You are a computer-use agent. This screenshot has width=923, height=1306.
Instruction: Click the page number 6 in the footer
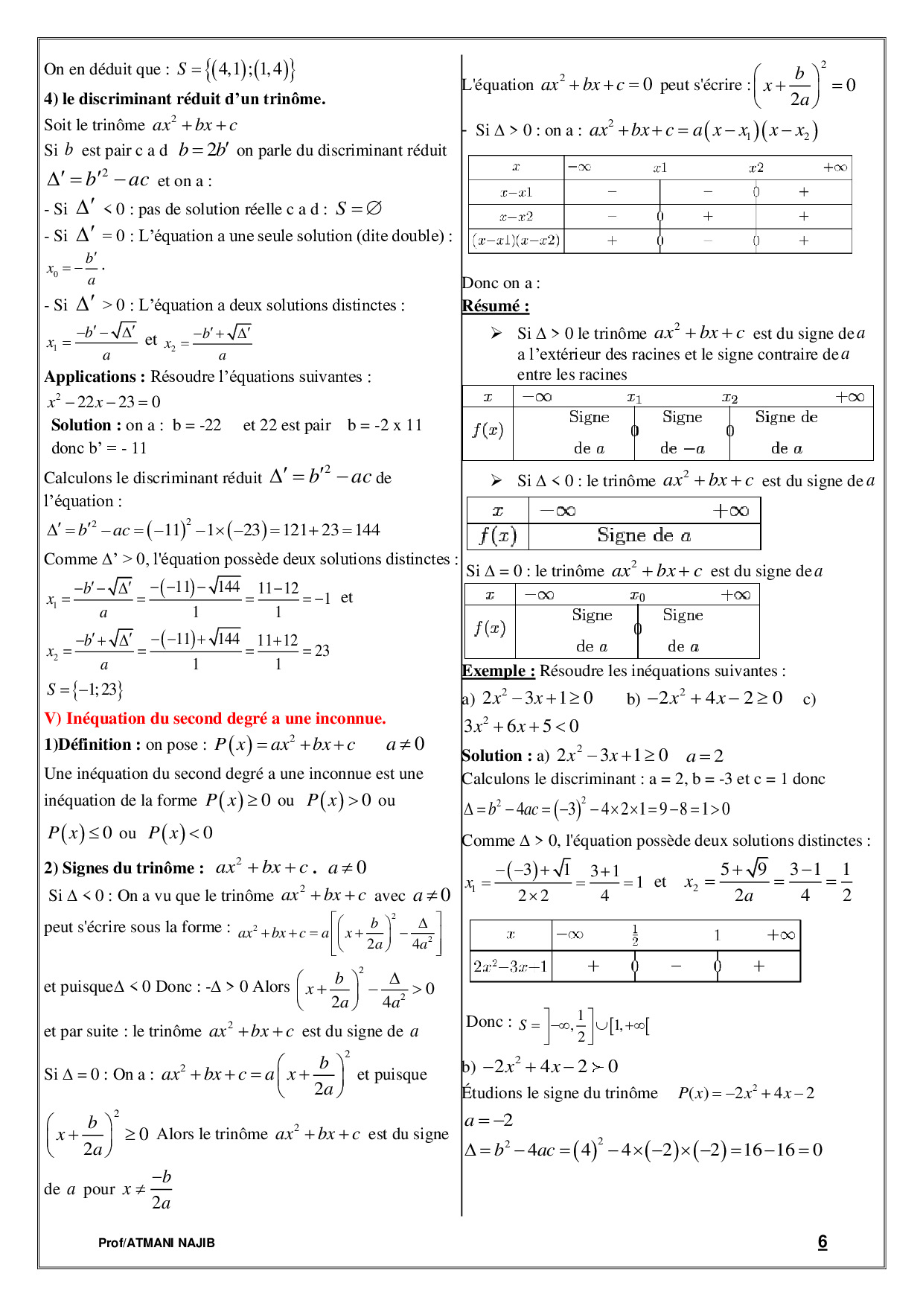[822, 1241]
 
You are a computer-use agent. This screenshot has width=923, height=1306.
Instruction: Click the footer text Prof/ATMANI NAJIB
[156, 1243]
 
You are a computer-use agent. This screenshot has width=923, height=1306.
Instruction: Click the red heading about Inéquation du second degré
[215, 719]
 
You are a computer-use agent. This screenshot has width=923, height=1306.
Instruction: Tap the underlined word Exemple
[498, 671]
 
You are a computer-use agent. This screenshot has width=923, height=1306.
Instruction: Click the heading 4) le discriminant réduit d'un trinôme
[185, 99]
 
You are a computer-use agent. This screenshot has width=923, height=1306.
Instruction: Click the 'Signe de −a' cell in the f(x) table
[682, 433]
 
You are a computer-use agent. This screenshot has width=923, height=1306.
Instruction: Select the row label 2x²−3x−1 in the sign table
[511, 966]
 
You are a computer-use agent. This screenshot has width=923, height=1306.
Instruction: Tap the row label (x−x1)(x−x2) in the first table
[516, 241]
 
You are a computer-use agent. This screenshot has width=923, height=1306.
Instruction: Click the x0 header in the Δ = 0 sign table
[637, 596]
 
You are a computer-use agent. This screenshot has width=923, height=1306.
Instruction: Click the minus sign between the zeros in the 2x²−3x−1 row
[676, 966]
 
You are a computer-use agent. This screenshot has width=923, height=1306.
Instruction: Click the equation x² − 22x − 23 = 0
[104, 402]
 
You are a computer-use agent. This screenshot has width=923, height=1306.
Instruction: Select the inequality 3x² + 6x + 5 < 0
[521, 727]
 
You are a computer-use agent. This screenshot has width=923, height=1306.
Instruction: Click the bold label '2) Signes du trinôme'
[124, 868]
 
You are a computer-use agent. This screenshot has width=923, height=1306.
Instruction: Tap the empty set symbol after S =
[374, 208]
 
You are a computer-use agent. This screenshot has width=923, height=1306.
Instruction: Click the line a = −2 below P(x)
[488, 1121]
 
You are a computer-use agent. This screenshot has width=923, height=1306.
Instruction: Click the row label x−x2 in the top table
[516, 217]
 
